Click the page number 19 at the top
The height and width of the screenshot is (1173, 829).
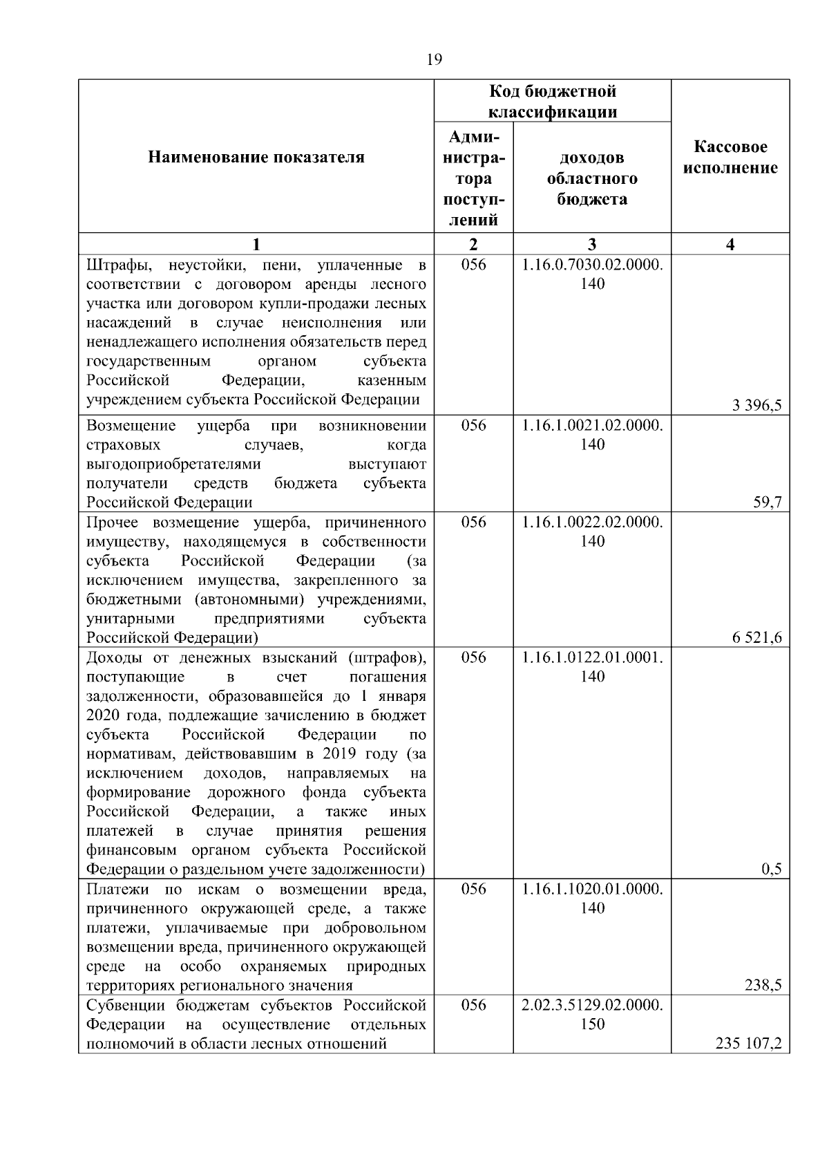coord(434,59)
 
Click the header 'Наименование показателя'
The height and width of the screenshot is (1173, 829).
coord(256,158)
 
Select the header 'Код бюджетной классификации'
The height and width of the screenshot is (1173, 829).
coord(553,102)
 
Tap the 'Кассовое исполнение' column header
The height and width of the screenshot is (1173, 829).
coord(730,158)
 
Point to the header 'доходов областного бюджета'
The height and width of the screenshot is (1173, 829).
coord(592,179)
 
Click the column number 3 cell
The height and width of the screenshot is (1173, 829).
coord(592,244)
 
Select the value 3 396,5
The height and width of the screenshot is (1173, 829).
coord(756,406)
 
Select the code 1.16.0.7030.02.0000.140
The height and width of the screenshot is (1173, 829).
coord(592,274)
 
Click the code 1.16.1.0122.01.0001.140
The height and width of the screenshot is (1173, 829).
coord(592,666)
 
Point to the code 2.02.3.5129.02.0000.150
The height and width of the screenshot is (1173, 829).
coord(592,1014)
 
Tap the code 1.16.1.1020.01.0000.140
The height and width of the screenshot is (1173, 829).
coord(592,898)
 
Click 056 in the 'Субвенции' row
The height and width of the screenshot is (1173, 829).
coord(473,1005)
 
